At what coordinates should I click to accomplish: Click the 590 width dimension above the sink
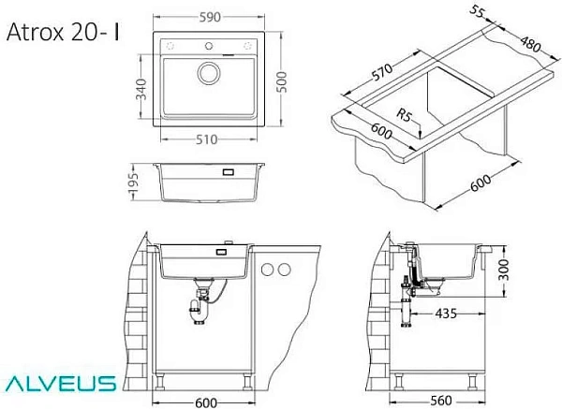pos(210,17)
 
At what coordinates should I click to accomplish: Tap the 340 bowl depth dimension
pos(141,89)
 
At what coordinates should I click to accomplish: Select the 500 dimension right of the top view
pos(282,82)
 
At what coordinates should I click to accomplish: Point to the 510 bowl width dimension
pos(206,139)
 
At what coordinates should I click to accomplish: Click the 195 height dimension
pos(133,183)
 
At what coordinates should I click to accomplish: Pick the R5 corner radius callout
pos(405,115)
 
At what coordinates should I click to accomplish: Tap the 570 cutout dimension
pos(382,72)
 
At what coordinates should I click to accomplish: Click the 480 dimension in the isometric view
pos(530,44)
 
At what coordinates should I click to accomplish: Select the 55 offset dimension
pos(478,12)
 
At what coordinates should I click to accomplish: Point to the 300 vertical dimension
pos(504,270)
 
